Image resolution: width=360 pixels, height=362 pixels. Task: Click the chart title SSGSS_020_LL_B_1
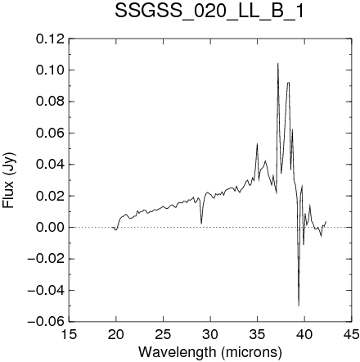[209, 11]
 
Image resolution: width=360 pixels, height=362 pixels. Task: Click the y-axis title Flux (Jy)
[9, 180]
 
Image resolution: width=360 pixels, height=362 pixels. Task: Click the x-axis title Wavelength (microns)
[210, 352]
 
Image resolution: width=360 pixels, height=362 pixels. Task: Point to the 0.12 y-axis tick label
[51, 39]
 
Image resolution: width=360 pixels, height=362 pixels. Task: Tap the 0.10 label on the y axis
[51, 70]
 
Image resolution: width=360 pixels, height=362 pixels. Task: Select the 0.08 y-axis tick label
[51, 102]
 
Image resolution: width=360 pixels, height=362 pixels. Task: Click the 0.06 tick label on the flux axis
[51, 133]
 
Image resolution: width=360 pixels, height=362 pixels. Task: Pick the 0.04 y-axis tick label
[51, 165]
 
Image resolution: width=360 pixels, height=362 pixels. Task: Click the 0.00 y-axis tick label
[51, 228]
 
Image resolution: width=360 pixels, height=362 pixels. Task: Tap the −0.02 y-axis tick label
[46, 259]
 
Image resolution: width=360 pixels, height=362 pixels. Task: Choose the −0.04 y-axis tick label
[46, 290]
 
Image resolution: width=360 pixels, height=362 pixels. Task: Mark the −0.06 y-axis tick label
[46, 322]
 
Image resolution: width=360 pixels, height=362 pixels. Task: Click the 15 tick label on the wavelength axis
[69, 334]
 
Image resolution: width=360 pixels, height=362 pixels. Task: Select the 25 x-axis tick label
[163, 334]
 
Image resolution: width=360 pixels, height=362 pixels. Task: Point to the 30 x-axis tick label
[210, 334]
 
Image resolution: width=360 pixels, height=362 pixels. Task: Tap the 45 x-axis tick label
[352, 334]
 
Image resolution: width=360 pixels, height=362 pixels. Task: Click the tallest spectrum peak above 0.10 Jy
[278, 63]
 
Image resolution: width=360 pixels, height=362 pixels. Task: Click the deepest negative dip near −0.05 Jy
[299, 305]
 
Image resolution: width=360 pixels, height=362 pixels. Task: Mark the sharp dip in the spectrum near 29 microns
[201, 224]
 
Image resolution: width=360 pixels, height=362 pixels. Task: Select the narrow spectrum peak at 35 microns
[257, 143]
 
